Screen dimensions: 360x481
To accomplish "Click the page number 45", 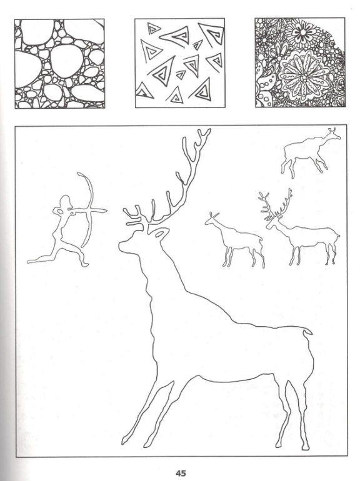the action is pos(181,473).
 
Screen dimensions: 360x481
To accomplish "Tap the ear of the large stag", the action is pos(160,233).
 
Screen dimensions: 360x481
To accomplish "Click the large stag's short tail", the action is pos(307,332).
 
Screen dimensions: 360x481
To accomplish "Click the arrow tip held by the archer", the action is pos(104,211).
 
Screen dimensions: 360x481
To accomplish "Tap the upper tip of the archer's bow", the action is pos(78,174).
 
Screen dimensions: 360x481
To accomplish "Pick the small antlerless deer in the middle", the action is pos(235,240).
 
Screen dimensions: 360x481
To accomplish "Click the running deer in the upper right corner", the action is pos(310,152).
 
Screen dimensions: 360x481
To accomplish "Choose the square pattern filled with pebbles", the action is pos(59,64).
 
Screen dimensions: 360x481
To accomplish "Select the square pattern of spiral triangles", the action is pos(180,63).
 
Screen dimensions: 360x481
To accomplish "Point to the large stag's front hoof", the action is pos(125,440).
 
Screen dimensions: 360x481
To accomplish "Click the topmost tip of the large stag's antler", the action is pos(209,130).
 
